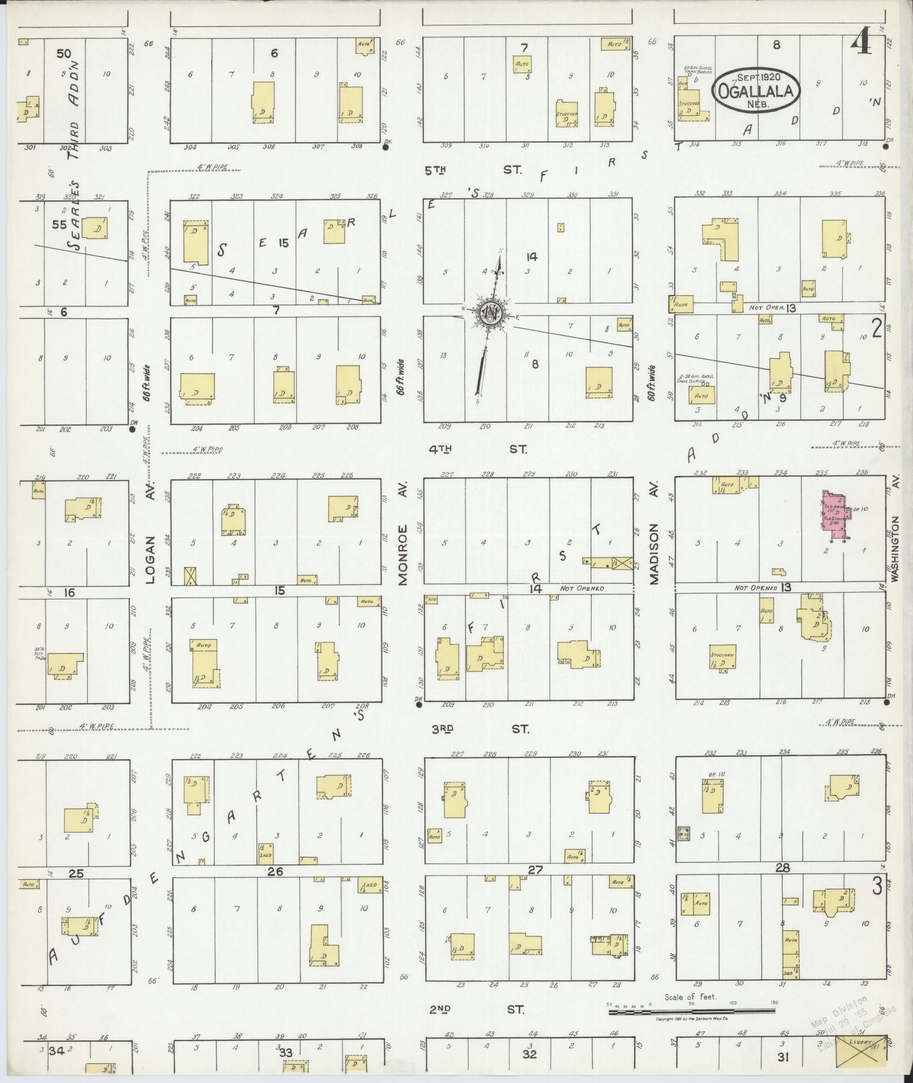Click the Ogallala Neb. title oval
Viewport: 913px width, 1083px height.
coord(756,92)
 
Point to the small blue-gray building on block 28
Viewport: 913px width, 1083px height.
coord(683,833)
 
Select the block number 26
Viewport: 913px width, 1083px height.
coord(275,871)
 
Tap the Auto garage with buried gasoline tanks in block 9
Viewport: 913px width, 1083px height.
coord(702,395)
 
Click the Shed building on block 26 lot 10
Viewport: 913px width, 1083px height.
coord(370,886)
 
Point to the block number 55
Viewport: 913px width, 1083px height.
coord(59,225)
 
